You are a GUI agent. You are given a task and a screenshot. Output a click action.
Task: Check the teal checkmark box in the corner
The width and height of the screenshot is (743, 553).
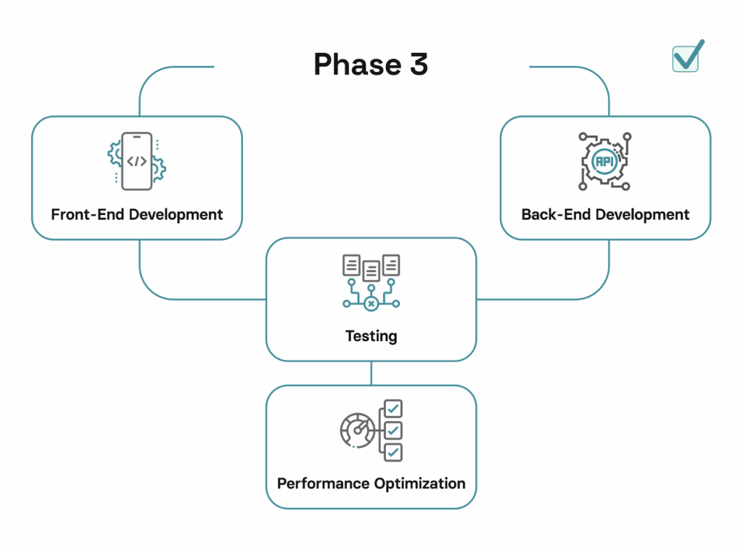(686, 58)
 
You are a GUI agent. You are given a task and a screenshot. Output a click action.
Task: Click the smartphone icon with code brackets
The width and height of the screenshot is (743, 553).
(136, 161)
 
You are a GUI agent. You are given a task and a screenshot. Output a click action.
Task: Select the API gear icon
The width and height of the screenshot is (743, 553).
(604, 161)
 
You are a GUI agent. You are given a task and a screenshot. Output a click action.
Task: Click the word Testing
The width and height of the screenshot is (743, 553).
(371, 336)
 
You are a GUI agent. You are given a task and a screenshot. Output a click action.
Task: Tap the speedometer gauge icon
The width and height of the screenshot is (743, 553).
(356, 430)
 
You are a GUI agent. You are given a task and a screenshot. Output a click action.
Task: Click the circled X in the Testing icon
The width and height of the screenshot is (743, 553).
(371, 303)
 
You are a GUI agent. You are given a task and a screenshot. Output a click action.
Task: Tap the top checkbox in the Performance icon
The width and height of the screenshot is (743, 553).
(393, 409)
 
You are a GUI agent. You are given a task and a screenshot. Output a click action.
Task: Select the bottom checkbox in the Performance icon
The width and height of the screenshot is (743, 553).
(393, 452)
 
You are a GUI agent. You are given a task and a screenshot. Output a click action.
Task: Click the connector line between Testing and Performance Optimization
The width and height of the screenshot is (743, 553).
(371, 373)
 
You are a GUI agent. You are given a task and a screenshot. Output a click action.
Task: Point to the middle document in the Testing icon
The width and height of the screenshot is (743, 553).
(371, 271)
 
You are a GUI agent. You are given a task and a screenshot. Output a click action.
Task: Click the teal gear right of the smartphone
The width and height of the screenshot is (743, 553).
(158, 169)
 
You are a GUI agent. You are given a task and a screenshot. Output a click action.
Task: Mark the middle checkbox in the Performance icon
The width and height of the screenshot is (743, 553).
(393, 430)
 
